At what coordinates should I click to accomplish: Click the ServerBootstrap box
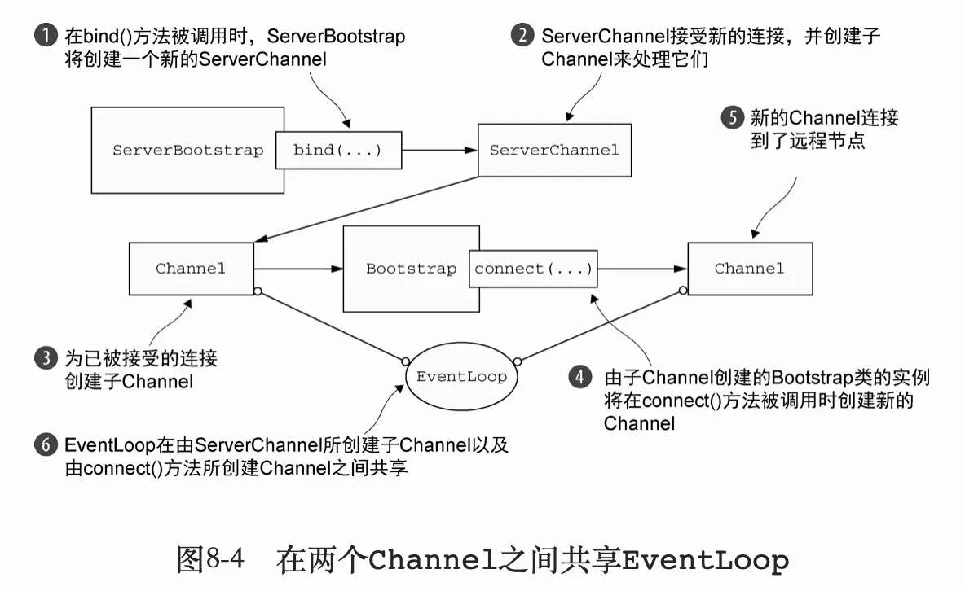point(187,151)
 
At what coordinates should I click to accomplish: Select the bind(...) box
point(337,151)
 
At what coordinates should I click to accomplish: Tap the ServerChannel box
point(554,150)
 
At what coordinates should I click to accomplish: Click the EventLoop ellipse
point(461,376)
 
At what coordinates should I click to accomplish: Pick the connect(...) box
point(533,269)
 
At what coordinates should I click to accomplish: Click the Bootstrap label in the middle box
point(411,269)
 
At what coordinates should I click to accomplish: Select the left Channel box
point(191,269)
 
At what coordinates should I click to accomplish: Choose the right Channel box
point(749,269)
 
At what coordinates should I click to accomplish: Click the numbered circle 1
point(46,37)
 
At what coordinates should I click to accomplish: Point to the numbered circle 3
point(46,358)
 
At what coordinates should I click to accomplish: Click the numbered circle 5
point(732,118)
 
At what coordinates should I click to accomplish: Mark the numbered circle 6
point(46,445)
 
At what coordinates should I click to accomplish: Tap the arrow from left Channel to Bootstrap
point(297,269)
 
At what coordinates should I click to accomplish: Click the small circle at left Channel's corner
point(257,291)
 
